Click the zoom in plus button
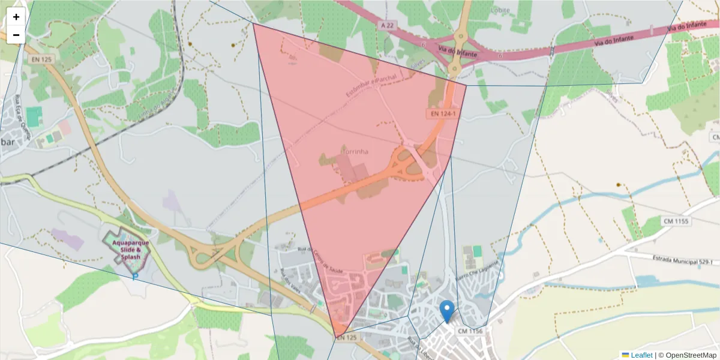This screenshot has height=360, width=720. (x=16, y=17)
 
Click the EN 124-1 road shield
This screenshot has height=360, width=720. (x=443, y=113)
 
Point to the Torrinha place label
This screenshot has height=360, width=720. (x=354, y=152)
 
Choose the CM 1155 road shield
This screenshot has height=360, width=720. (x=676, y=221)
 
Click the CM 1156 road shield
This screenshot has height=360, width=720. (x=470, y=331)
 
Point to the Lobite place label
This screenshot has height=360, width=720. (x=500, y=10)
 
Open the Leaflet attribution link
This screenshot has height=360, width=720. (x=641, y=355)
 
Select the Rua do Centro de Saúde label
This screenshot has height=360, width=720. (x=321, y=261)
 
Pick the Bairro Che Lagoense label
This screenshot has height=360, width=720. (x=477, y=271)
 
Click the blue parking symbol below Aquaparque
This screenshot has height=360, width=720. (x=135, y=276)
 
